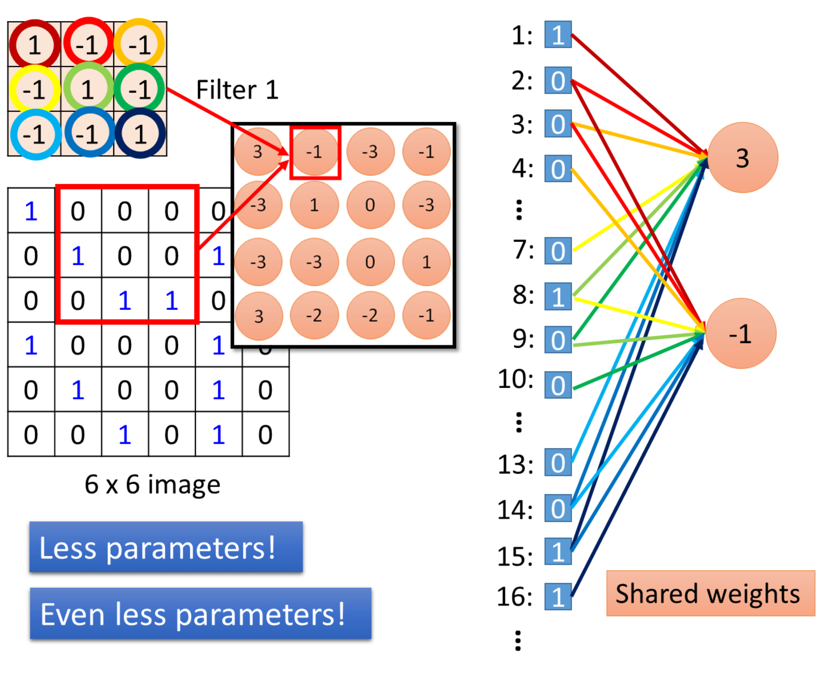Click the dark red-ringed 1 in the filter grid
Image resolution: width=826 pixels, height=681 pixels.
[x=35, y=44]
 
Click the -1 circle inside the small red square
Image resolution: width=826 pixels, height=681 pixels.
[x=314, y=152]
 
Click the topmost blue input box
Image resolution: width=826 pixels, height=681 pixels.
[x=558, y=35]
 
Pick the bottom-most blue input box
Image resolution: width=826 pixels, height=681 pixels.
[x=558, y=597]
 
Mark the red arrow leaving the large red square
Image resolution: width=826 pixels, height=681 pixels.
[x=243, y=204]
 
